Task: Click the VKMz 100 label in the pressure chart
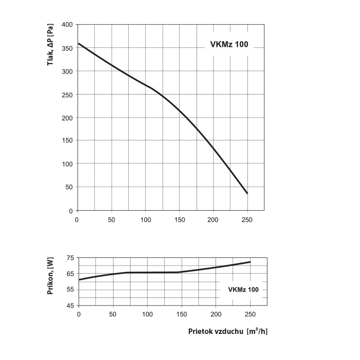click(229, 45)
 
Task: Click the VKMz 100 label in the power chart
click(243, 290)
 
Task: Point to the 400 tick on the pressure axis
click(67, 24)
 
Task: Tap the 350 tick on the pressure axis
click(67, 48)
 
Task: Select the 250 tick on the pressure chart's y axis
click(67, 94)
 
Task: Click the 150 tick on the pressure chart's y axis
click(67, 141)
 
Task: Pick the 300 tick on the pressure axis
click(67, 71)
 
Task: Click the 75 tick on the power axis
click(70, 258)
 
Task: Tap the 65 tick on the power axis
click(70, 274)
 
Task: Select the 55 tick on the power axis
click(70, 290)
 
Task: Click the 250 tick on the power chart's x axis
click(250, 314)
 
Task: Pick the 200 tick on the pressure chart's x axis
click(213, 220)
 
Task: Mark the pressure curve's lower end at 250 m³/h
click(247, 193)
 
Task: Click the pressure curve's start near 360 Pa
click(78, 43)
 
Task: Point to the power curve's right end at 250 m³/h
click(250, 262)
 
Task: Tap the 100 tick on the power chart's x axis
click(147, 314)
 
